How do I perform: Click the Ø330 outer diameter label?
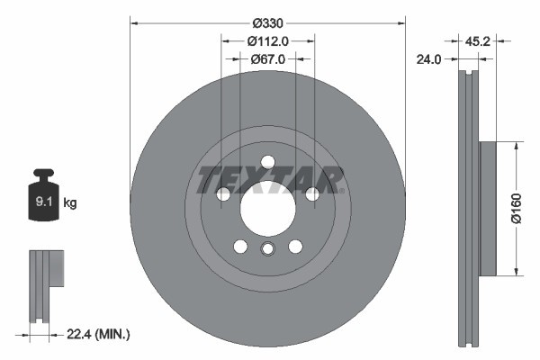coord(267,22)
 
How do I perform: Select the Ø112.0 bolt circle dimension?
coord(268,40)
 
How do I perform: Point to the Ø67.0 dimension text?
coord(268,58)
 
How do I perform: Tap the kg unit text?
coord(70,203)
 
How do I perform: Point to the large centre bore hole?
coord(267,208)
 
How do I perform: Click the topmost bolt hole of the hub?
coord(267,163)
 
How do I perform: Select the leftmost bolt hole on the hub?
coord(224,194)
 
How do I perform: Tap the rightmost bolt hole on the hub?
coord(311,194)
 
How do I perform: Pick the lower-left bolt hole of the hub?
coord(240,246)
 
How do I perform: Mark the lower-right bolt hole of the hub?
coord(295,246)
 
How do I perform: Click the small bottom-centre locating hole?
coord(267,249)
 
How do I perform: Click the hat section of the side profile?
coord(487,208)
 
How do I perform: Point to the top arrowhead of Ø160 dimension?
coord(514,144)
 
